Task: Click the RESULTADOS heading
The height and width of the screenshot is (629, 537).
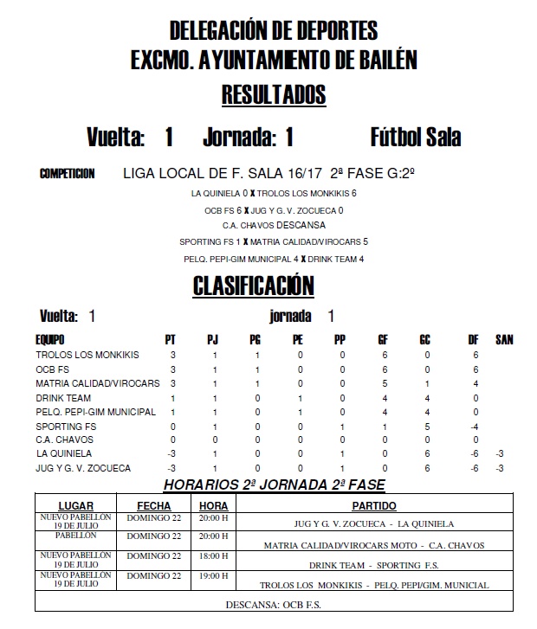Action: (273, 94)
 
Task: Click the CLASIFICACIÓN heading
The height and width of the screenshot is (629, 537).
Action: (252, 286)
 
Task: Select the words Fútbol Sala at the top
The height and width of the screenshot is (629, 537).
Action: (415, 138)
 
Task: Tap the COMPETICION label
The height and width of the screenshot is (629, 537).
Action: (68, 174)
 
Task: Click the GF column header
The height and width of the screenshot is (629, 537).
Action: (383, 340)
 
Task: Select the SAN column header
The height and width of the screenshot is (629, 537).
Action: (504, 340)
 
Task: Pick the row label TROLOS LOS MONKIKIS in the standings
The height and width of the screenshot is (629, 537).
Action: (87, 355)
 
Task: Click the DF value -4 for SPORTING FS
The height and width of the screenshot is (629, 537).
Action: (475, 426)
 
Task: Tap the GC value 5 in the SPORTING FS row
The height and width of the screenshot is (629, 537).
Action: (425, 426)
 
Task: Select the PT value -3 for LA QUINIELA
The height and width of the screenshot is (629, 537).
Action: (171, 453)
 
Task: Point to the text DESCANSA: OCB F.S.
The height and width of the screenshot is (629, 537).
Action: (273, 604)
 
